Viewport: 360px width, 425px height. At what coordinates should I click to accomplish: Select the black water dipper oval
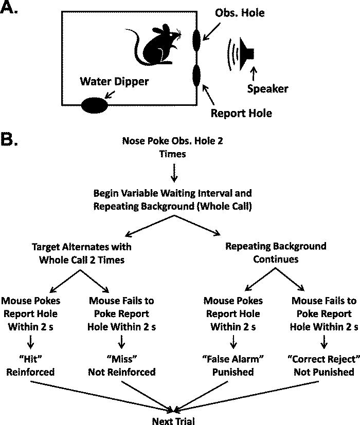(x=94, y=105)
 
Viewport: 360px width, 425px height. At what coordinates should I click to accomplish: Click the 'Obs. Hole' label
(x=239, y=13)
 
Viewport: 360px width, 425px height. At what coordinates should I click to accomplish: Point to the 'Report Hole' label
(x=241, y=113)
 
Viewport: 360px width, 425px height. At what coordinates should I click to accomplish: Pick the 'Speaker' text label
(x=267, y=88)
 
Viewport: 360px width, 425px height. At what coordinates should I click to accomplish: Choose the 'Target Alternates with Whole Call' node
(x=82, y=252)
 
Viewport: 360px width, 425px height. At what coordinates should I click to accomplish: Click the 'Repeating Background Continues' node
(x=275, y=252)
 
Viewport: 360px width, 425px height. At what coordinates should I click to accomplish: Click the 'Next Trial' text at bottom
(x=174, y=420)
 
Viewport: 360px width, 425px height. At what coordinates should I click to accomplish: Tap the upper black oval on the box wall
(x=196, y=40)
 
